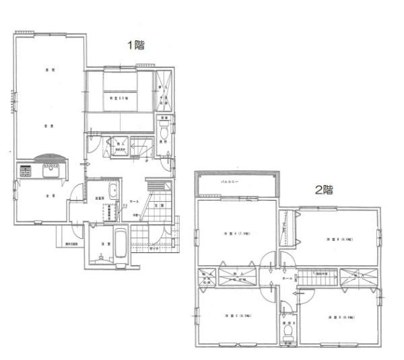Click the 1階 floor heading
137,46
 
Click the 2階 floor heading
325,190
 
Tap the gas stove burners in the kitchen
26,171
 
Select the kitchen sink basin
50,172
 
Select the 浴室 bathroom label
106,244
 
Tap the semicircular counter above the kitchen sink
50,159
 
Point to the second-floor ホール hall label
288,277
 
